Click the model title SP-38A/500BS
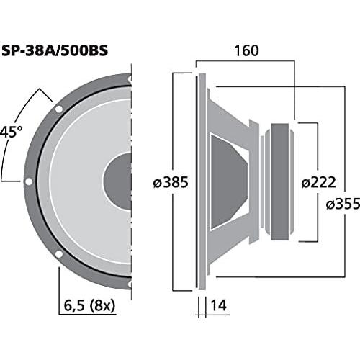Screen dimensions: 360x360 coord(55,50)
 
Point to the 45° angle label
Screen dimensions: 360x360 coord(11,132)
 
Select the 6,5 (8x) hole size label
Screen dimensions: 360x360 coord(89,305)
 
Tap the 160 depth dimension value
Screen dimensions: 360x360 coord(246,50)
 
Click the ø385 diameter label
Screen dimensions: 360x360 coord(171,182)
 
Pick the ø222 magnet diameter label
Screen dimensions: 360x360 coord(318,182)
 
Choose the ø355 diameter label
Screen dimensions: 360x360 coord(343,204)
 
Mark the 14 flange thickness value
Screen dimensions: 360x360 coord(218,305)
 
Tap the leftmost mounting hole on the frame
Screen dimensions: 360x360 coord(29,181)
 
